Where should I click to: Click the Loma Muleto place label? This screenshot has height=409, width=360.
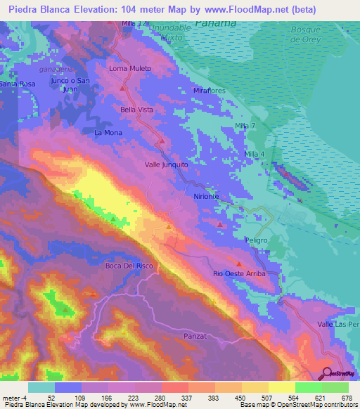coord(131,69)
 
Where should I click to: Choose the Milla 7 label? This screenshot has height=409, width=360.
coord(250,126)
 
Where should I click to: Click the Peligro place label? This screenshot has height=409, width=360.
coord(257,240)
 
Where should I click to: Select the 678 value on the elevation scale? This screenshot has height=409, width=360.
coord(345,397)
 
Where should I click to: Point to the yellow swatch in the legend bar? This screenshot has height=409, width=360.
coord(281,387)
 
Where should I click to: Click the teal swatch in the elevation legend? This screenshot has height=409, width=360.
coord(41,387)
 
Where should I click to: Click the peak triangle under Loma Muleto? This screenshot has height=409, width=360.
coord(124,89)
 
